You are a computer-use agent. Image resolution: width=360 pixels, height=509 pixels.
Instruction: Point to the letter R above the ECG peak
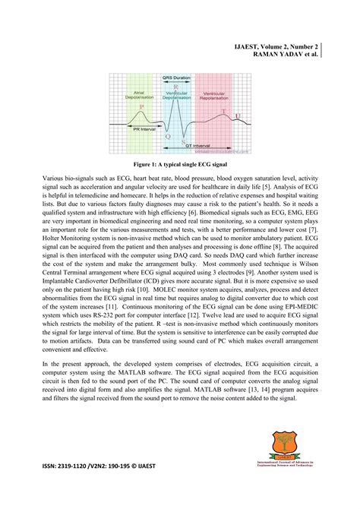(176, 88)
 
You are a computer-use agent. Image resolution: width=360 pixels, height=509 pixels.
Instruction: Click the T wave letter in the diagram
(223, 111)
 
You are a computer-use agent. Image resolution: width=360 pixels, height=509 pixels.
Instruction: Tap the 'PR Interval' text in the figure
(145, 129)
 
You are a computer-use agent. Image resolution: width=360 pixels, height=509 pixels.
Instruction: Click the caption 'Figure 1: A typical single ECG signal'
(179, 163)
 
